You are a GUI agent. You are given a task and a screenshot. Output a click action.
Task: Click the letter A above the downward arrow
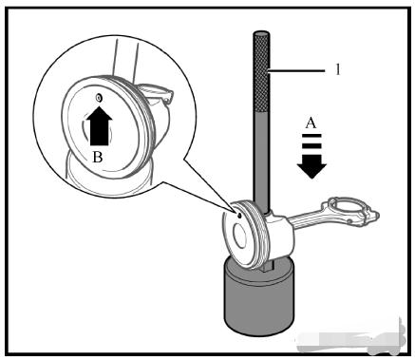[x=311, y=123]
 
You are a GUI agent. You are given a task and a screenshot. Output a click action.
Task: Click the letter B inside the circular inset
[x=98, y=157]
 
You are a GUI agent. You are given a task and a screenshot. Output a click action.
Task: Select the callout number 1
[x=338, y=69]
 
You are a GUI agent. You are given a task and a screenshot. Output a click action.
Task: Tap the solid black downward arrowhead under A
[x=311, y=166]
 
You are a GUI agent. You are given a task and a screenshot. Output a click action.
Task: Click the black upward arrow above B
[x=100, y=125]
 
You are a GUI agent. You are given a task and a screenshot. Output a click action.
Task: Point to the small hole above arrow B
[x=99, y=98]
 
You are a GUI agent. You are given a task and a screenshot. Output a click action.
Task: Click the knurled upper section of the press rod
[x=261, y=72]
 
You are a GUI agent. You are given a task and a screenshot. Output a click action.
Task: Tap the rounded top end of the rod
[x=261, y=33]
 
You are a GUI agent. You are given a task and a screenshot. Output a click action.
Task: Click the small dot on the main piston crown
[x=239, y=216]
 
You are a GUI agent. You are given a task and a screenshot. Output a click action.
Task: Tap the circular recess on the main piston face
[x=239, y=237]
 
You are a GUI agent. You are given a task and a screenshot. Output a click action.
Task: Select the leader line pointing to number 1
[x=297, y=71]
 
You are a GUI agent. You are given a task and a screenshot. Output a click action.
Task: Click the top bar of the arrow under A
[x=311, y=136]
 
